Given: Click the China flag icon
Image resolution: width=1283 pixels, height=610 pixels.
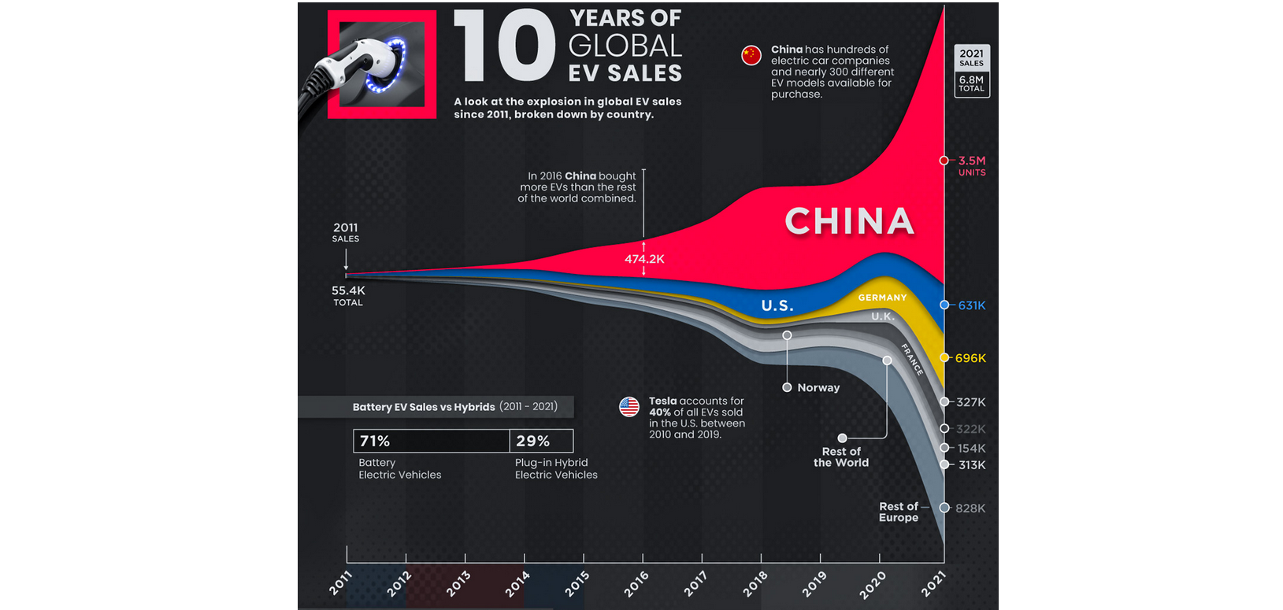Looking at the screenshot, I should pyautogui.click(x=751, y=55).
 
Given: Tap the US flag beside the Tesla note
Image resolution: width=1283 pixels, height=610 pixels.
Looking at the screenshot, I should pyautogui.click(x=629, y=407).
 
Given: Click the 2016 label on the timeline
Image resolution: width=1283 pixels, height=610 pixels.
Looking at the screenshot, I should pyautogui.click(x=636, y=584).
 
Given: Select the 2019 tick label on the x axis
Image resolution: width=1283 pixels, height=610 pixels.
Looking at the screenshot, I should pyautogui.click(x=814, y=584).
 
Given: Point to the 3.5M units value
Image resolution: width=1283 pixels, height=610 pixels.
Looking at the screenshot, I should pyautogui.click(x=971, y=161).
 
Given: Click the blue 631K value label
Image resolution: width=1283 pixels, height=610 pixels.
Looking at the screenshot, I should pyautogui.click(x=971, y=305).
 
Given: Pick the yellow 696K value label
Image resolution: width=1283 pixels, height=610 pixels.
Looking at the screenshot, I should pyautogui.click(x=970, y=358).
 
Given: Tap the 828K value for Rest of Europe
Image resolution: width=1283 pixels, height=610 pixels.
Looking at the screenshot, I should pyautogui.click(x=970, y=508).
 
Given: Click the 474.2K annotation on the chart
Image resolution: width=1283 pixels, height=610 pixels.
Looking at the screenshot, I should pyautogui.click(x=644, y=259).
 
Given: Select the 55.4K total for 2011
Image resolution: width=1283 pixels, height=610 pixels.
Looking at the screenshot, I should pyautogui.click(x=348, y=290).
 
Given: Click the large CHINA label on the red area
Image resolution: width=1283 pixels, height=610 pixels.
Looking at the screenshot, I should pyautogui.click(x=849, y=221).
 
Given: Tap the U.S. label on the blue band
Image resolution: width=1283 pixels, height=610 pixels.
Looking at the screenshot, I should pyautogui.click(x=777, y=305).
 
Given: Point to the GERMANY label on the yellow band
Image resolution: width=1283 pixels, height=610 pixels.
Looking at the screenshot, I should pyautogui.click(x=882, y=298).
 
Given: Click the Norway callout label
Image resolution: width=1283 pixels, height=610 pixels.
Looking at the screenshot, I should pyautogui.click(x=818, y=387).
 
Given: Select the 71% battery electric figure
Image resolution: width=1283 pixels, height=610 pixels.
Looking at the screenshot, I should pyautogui.click(x=375, y=441).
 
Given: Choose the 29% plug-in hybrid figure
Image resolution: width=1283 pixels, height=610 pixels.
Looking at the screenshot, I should pyautogui.click(x=532, y=441).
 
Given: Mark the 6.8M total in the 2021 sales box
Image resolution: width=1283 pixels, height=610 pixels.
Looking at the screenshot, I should pyautogui.click(x=971, y=80).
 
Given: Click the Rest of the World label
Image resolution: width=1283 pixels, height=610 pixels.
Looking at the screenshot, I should pyautogui.click(x=841, y=457).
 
